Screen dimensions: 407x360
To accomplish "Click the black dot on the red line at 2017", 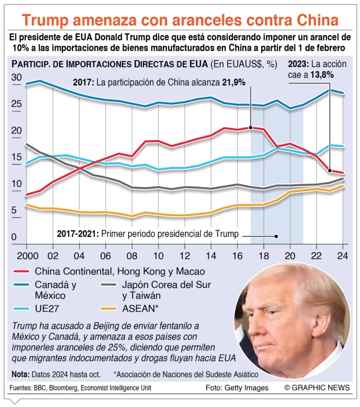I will point(251,128).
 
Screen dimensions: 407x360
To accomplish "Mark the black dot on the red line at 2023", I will point(329,171).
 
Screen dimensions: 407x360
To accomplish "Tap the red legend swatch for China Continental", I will point(22,272).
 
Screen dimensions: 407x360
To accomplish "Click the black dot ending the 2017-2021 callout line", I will point(276,236).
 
